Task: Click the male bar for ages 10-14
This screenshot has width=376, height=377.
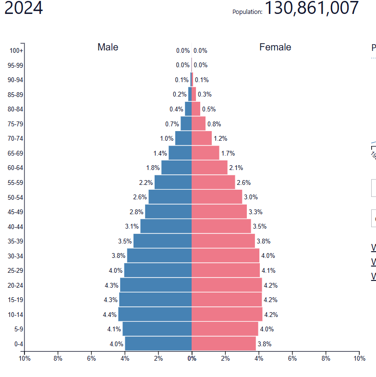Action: coord(155,314)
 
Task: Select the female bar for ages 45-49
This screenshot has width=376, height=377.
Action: coord(219,211)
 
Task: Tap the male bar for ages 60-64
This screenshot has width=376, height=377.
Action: coord(176,168)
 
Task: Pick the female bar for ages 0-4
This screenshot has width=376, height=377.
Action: coord(223,343)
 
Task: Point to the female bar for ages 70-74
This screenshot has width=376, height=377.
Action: coord(202,138)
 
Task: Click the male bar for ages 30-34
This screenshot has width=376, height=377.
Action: coord(159,255)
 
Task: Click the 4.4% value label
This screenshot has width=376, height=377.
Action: coord(109,315)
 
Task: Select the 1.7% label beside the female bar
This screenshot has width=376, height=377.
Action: coord(228,153)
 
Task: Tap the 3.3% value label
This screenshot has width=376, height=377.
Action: coord(255,212)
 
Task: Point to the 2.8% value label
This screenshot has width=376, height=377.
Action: coord(137,212)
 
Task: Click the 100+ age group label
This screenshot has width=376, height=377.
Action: coord(16,50)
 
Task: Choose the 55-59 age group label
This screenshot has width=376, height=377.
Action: coord(15,182)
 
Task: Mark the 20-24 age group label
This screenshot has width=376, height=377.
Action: coord(15,285)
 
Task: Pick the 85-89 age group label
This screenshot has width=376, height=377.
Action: coord(15,95)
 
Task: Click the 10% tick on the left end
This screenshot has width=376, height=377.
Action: coord(24,358)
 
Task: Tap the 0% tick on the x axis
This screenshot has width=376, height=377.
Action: coord(192,358)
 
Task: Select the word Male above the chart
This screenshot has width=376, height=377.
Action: coord(108,47)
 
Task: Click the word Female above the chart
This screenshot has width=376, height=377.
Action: coord(275,47)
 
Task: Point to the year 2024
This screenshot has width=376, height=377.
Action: coord(24,8)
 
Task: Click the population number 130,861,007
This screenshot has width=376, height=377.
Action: coord(312,8)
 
